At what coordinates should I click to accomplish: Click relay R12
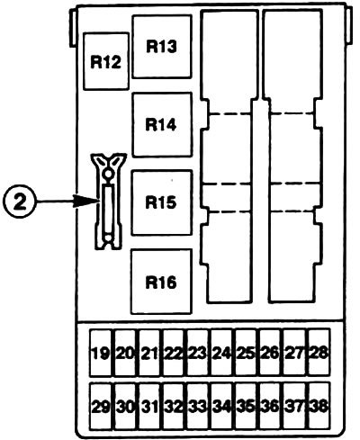106,61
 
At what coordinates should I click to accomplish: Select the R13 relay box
162,47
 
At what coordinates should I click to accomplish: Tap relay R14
162,124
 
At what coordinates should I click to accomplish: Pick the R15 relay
161,202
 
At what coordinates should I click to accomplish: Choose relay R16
161,282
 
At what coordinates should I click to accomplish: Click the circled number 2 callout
20,202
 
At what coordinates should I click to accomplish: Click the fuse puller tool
108,202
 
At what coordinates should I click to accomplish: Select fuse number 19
101,353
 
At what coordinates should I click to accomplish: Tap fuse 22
174,353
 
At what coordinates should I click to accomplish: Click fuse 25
246,353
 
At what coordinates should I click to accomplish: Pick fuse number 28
319,353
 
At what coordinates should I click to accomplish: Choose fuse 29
101,406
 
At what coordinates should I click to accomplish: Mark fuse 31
149,406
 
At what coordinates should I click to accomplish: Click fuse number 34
221,406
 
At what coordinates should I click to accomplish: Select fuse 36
270,406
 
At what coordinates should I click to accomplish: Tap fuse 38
319,406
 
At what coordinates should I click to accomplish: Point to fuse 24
221,353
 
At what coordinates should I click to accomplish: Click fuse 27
294,353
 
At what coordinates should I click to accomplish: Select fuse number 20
125,353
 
